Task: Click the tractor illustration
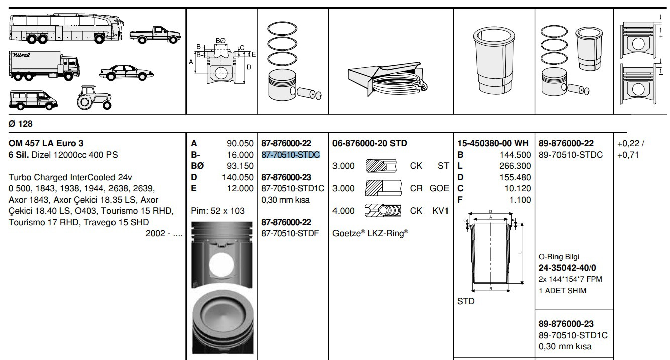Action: [x=94, y=97]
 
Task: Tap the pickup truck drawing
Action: [x=155, y=34]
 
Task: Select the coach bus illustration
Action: [x=66, y=29]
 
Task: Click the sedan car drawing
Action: [x=127, y=73]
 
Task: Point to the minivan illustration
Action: [x=33, y=100]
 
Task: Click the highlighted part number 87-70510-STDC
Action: [x=291, y=155]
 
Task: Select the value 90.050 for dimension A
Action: [x=240, y=143]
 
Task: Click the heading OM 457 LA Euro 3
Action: [x=46, y=143]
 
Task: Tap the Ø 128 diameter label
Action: [x=20, y=124]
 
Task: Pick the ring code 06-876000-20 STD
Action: [x=370, y=143]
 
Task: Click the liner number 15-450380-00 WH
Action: [x=493, y=143]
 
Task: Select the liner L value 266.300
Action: [x=515, y=166]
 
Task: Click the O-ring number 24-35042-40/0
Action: [x=568, y=268]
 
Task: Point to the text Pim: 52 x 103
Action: [x=218, y=211]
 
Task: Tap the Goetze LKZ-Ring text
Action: [x=370, y=233]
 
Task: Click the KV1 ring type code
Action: [x=440, y=211]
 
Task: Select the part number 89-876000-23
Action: [x=566, y=324]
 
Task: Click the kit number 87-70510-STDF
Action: [x=290, y=233]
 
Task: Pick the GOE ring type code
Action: [x=439, y=188]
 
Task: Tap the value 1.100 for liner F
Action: [x=520, y=200]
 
